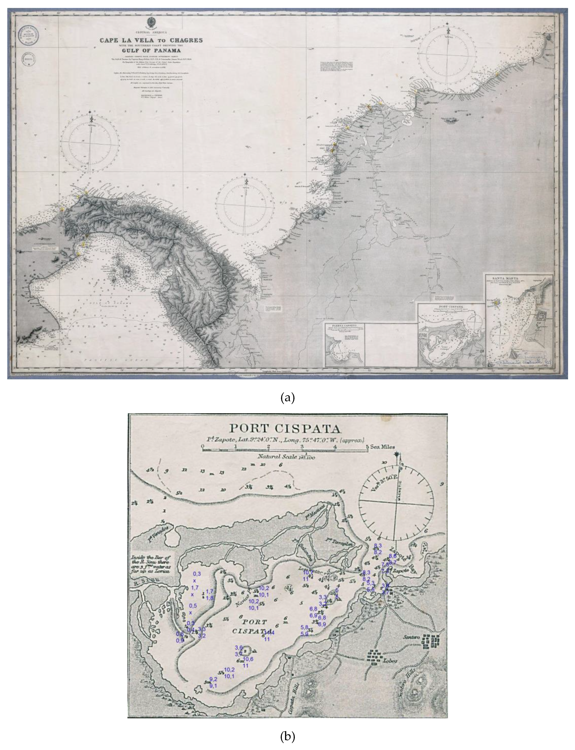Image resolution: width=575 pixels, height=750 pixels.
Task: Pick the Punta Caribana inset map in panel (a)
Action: pyautogui.click(x=345, y=344)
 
